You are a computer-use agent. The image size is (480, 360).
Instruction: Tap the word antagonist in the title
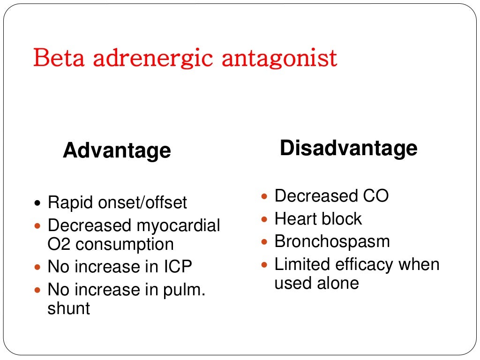(279, 59)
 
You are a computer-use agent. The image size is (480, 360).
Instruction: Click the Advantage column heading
(117, 150)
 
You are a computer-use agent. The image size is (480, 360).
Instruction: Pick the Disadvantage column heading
(348, 148)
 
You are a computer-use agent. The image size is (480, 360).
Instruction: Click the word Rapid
(71, 202)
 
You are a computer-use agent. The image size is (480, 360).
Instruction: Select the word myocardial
(179, 226)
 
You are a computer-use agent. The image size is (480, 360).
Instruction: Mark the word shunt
(69, 308)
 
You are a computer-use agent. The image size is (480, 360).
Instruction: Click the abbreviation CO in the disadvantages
(375, 195)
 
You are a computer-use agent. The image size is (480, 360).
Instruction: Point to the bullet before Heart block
(265, 219)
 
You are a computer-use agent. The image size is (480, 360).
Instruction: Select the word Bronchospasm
(332, 241)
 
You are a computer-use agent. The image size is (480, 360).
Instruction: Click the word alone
(337, 283)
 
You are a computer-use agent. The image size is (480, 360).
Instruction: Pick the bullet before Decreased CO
(265, 196)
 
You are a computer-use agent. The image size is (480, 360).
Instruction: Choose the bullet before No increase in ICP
(38, 268)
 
